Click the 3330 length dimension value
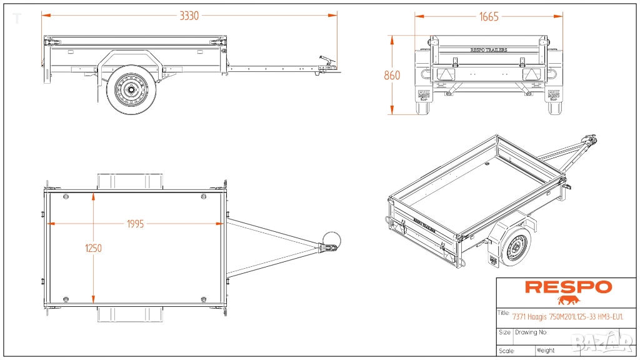coord(189,16)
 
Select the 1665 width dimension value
coord(489,17)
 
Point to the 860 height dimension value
coord(392,76)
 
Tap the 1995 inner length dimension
coord(135,224)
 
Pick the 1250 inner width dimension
coord(93,247)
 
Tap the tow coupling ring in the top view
coord(332,241)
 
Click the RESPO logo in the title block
coord(567,287)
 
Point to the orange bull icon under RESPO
coord(568,300)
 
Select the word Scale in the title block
coord(506,351)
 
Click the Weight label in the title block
coord(545,351)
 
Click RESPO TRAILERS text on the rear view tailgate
coord(488,50)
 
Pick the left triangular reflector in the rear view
coord(446,74)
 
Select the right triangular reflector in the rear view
coord(531,74)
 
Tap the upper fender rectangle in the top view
coord(130,181)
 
